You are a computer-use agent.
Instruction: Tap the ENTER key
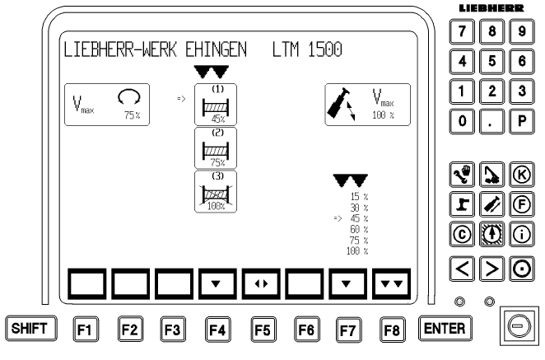tap(445, 329)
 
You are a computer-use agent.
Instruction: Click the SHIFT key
tap(31, 329)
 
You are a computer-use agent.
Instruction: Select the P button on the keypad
tap(521, 121)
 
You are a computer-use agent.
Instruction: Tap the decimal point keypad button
tap(491, 121)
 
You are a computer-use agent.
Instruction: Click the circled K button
tap(521, 175)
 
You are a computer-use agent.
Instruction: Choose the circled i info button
tap(521, 234)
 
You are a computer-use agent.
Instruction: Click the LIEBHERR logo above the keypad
tap(491, 8)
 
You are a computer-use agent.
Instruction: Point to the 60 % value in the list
tap(359, 229)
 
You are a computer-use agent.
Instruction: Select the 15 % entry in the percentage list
tap(359, 197)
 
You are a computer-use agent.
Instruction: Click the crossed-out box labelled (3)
tap(216, 192)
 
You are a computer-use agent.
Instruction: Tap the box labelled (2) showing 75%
tap(216, 148)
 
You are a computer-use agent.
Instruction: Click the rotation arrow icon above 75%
tap(129, 96)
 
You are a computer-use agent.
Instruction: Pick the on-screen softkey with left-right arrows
tap(261, 284)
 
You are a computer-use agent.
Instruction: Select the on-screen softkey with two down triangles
tap(391, 284)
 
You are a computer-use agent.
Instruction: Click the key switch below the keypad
tap(519, 326)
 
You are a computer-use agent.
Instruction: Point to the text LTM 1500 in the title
tap(307, 49)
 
